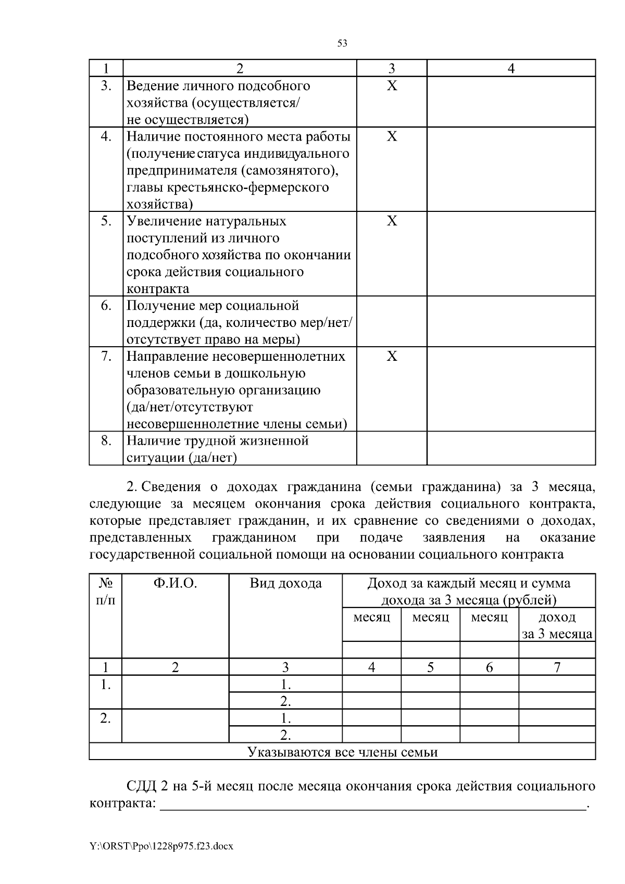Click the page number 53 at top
[342, 44]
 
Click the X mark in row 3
[392, 86]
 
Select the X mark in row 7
[392, 357]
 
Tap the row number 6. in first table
[106, 306]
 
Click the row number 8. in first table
[106, 441]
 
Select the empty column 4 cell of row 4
[511, 169]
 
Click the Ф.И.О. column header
[176, 584]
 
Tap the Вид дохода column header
[285, 584]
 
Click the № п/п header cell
[106, 591]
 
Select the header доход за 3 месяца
[557, 625]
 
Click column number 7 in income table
[557, 667]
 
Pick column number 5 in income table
[430, 667]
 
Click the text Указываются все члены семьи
[342, 752]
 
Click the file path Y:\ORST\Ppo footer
[161, 847]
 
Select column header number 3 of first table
[392, 68]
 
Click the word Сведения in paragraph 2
[171, 487]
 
